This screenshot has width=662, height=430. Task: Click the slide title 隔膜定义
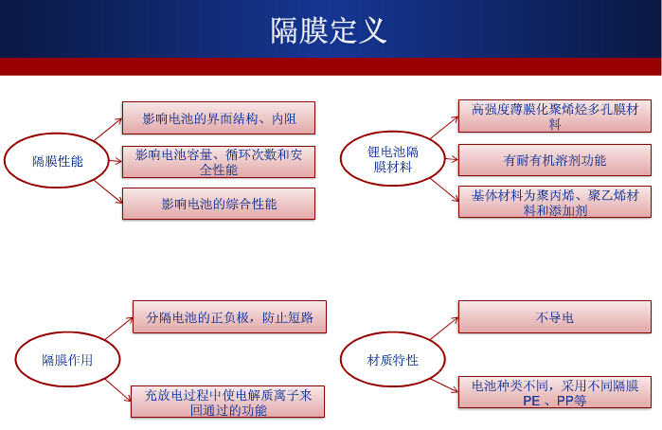point(329,30)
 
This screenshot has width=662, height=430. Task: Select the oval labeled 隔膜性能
point(58,161)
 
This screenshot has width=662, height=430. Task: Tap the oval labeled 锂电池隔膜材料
point(393,159)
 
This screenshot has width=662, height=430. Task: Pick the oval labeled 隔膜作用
point(67,360)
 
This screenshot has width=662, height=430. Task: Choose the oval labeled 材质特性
point(393,360)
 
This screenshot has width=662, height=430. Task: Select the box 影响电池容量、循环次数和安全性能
point(218,161)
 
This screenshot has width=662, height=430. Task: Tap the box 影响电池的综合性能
point(218,203)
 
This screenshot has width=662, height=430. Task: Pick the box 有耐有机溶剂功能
point(555,160)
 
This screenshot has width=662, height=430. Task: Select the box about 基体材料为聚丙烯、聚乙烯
point(555,203)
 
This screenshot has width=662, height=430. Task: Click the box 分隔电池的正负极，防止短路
point(228,316)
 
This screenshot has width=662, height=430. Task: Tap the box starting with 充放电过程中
point(228,402)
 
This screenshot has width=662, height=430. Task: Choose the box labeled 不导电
point(555,317)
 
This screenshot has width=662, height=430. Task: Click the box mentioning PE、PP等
point(555,393)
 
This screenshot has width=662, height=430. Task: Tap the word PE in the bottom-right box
point(531,401)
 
